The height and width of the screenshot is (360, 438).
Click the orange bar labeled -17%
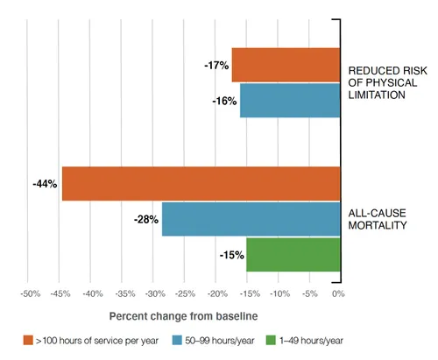click(x=286, y=65)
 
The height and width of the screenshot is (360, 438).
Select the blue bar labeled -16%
click(x=289, y=100)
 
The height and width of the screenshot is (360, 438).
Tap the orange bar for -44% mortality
click(x=201, y=184)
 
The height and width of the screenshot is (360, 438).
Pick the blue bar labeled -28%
click(x=251, y=219)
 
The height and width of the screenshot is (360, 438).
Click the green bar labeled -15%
click(x=293, y=254)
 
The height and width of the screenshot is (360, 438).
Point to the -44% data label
click(x=45, y=184)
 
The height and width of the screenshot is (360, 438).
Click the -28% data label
click(x=145, y=219)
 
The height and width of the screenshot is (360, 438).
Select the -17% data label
click(x=216, y=65)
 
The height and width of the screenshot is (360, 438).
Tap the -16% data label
click(x=224, y=100)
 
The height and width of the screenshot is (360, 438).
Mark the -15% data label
click(x=230, y=254)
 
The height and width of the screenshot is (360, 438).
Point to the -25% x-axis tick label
click(x=184, y=293)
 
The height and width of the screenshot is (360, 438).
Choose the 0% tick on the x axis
click(x=338, y=293)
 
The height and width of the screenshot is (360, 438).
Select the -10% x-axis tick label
click(x=277, y=293)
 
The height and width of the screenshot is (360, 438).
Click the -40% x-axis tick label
click(x=91, y=293)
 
